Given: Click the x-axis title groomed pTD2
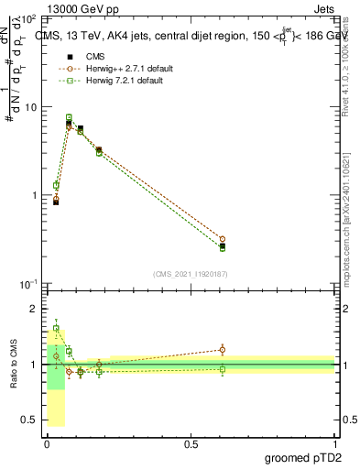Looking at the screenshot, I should pyautogui.click(x=301, y=456).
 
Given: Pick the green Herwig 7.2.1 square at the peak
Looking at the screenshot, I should pyautogui.click(x=69, y=117).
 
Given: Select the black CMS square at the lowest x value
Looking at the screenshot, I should pyautogui.click(x=56, y=202).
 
